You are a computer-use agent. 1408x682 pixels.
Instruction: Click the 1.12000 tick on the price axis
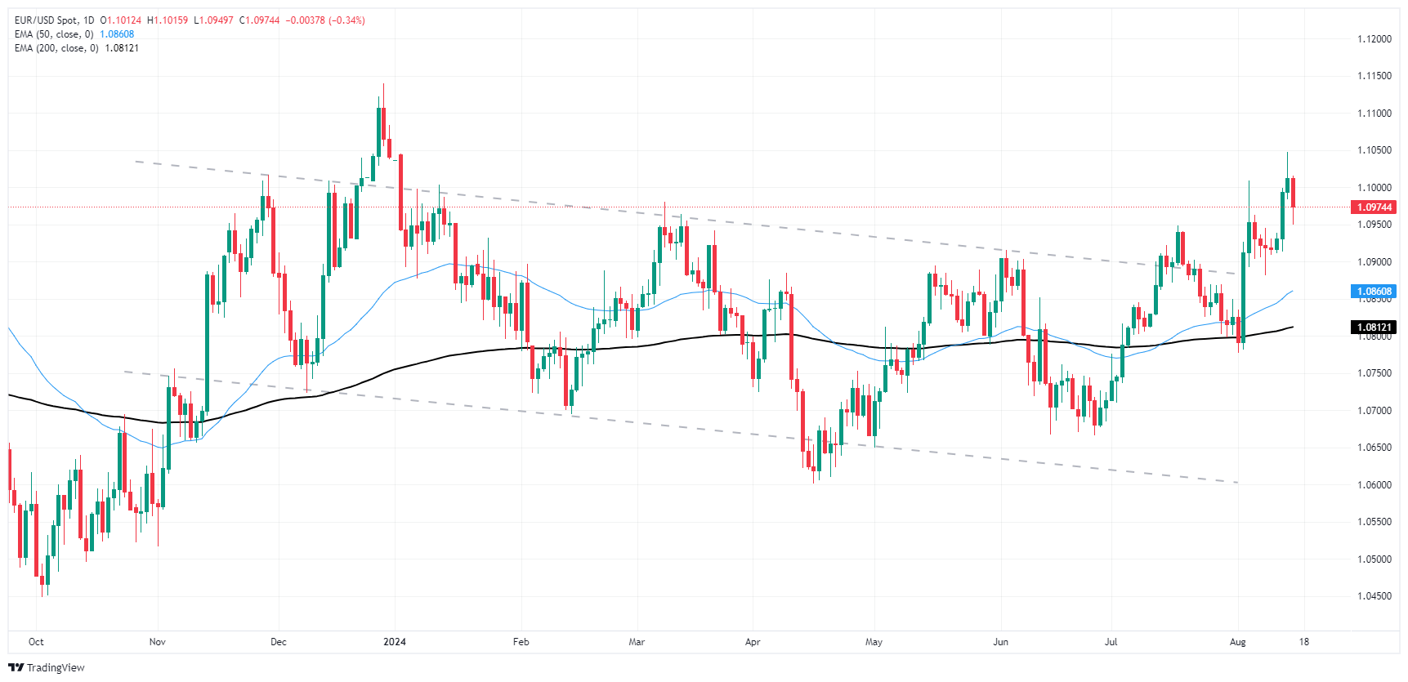pyautogui.click(x=1374, y=39)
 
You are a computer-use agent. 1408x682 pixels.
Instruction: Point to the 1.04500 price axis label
pyautogui.click(x=1374, y=596)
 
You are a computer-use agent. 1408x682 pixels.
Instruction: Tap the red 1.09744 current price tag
pyautogui.click(x=1374, y=207)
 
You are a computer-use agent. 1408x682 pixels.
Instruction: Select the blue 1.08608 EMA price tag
pyautogui.click(x=1374, y=292)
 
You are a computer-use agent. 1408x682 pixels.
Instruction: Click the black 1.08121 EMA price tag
pyautogui.click(x=1374, y=328)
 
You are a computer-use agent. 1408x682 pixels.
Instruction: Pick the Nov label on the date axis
pyautogui.click(x=158, y=642)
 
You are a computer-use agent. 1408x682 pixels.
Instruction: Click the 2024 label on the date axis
pyautogui.click(x=395, y=642)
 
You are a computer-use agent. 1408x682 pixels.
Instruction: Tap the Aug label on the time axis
pyautogui.click(x=1238, y=642)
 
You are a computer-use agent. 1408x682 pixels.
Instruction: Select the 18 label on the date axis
pyautogui.click(x=1304, y=642)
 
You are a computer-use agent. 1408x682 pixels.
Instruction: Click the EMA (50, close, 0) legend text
pyautogui.click(x=54, y=34)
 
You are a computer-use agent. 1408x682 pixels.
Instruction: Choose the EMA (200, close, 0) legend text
pyautogui.click(x=56, y=48)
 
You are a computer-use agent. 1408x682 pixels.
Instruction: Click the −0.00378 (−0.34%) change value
pyautogui.click(x=325, y=20)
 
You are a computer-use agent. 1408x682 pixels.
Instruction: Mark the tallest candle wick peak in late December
pyautogui.click(x=383, y=85)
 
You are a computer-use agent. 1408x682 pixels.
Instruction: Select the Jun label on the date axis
pyautogui.click(x=1000, y=642)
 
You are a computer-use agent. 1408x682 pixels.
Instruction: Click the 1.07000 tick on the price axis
pyautogui.click(x=1374, y=411)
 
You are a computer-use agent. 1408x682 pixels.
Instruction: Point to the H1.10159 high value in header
pyautogui.click(x=168, y=20)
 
